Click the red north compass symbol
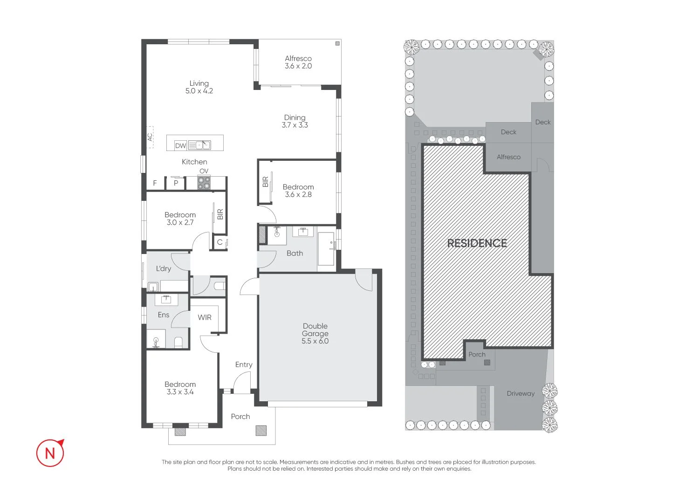coord(50,453)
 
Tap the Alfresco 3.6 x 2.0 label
coord(298,62)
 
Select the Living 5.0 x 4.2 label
coord(199,87)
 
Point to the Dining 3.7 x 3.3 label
coord(295,121)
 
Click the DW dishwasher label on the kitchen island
coord(180,145)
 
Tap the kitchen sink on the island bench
coord(199,145)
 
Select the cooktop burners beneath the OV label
coord(204,183)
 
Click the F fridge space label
coord(155,183)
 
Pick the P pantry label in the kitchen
coord(176,183)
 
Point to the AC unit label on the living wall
coord(150,137)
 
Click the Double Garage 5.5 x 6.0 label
coord(315,333)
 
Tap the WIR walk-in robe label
coord(205,317)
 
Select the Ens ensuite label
coord(163,315)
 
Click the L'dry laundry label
coord(163,268)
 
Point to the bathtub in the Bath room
coord(326,249)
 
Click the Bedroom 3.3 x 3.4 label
coord(180,388)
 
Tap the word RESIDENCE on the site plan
coord(477,243)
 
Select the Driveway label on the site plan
coord(521,393)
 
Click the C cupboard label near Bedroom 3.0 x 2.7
coord(219,242)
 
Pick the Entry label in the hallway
coord(244,364)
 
